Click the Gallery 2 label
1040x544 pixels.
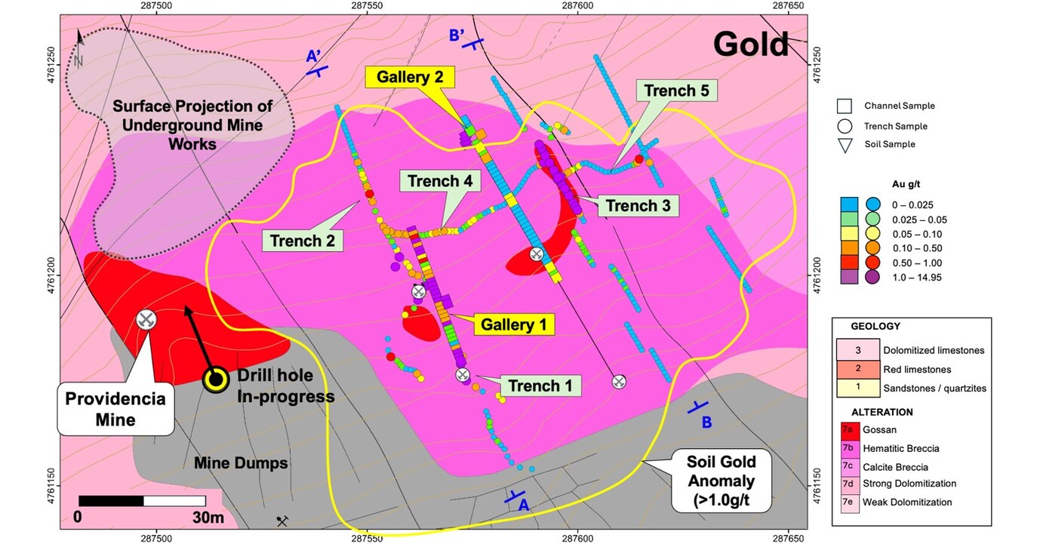410,77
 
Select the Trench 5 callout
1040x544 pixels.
676,92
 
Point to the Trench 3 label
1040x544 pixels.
637,205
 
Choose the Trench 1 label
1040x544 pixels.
544,386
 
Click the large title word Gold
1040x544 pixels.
751,45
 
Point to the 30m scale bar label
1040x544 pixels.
207,518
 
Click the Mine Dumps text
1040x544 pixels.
241,463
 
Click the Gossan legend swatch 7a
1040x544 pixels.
848,430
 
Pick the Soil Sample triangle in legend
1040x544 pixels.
845,144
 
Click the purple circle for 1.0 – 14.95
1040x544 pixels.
872,278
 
